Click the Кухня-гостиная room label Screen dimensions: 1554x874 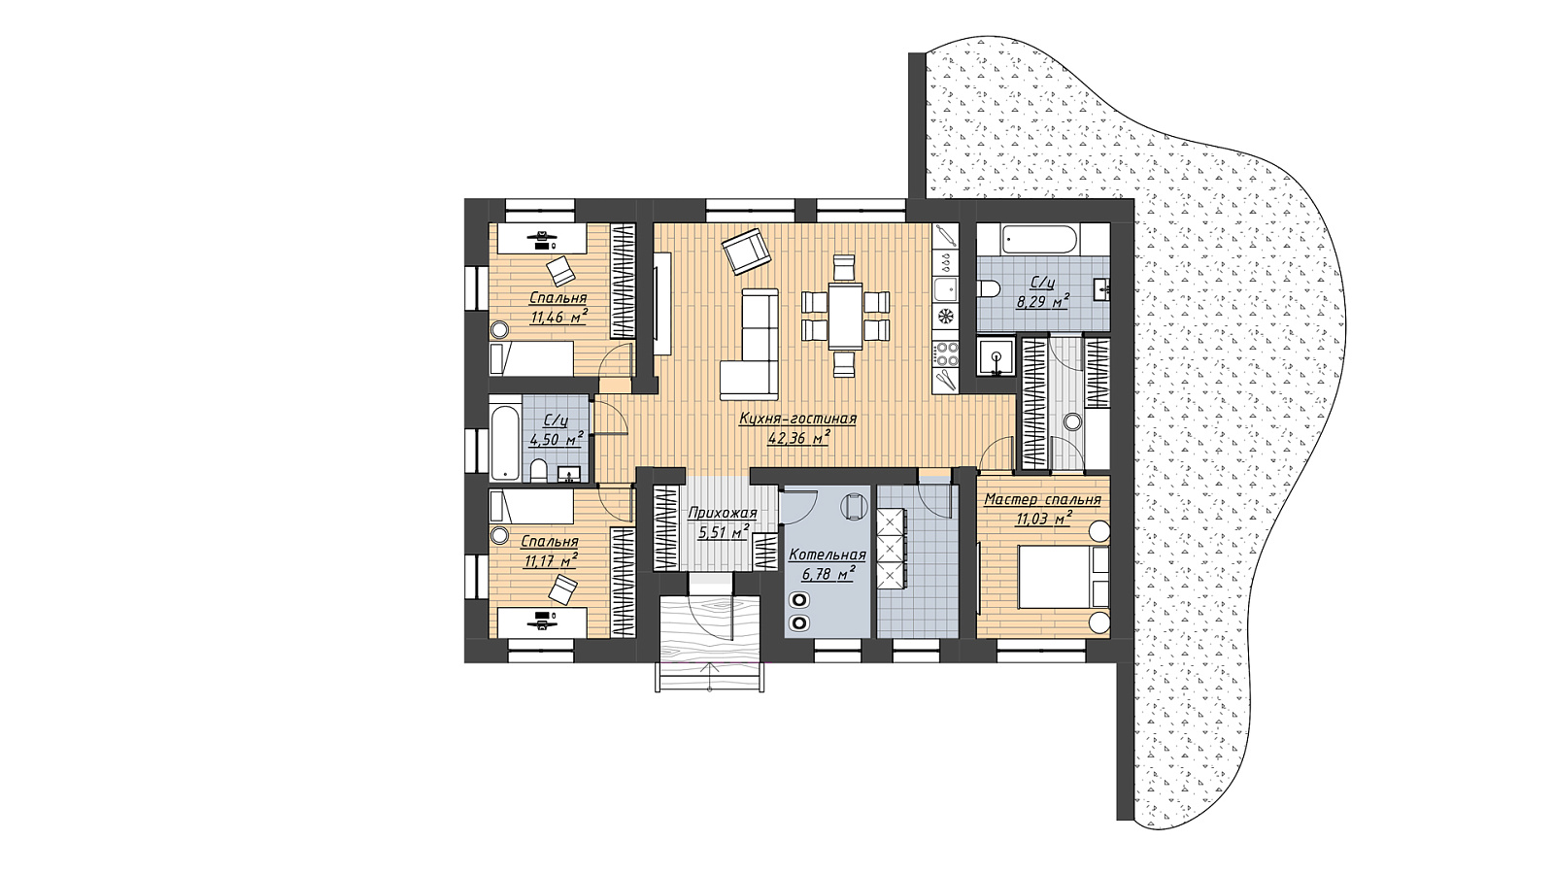coord(797,419)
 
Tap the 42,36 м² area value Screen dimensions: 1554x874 coord(799,437)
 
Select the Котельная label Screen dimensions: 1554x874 coord(828,555)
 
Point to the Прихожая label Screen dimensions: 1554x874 coord(723,514)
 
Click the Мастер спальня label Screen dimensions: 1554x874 coord(1043,499)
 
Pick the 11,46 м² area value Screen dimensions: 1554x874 coord(558,317)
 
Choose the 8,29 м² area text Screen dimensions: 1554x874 coord(1042,301)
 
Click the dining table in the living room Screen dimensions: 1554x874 coord(845,316)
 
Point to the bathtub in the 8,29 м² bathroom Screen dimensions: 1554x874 coord(1038,240)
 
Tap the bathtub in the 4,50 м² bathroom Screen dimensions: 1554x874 coord(504,438)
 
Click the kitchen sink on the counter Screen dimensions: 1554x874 coord(945,289)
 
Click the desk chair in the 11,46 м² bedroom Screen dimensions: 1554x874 coord(559,270)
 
